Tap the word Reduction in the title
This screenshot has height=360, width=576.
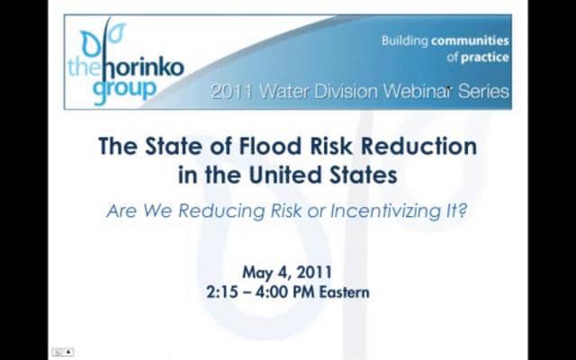click(x=422, y=147)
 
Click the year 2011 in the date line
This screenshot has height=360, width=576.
click(x=316, y=272)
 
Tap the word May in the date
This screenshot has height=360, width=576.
click(x=258, y=272)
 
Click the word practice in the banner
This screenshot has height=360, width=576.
click(x=486, y=57)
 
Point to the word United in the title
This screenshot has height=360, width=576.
click(x=287, y=175)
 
